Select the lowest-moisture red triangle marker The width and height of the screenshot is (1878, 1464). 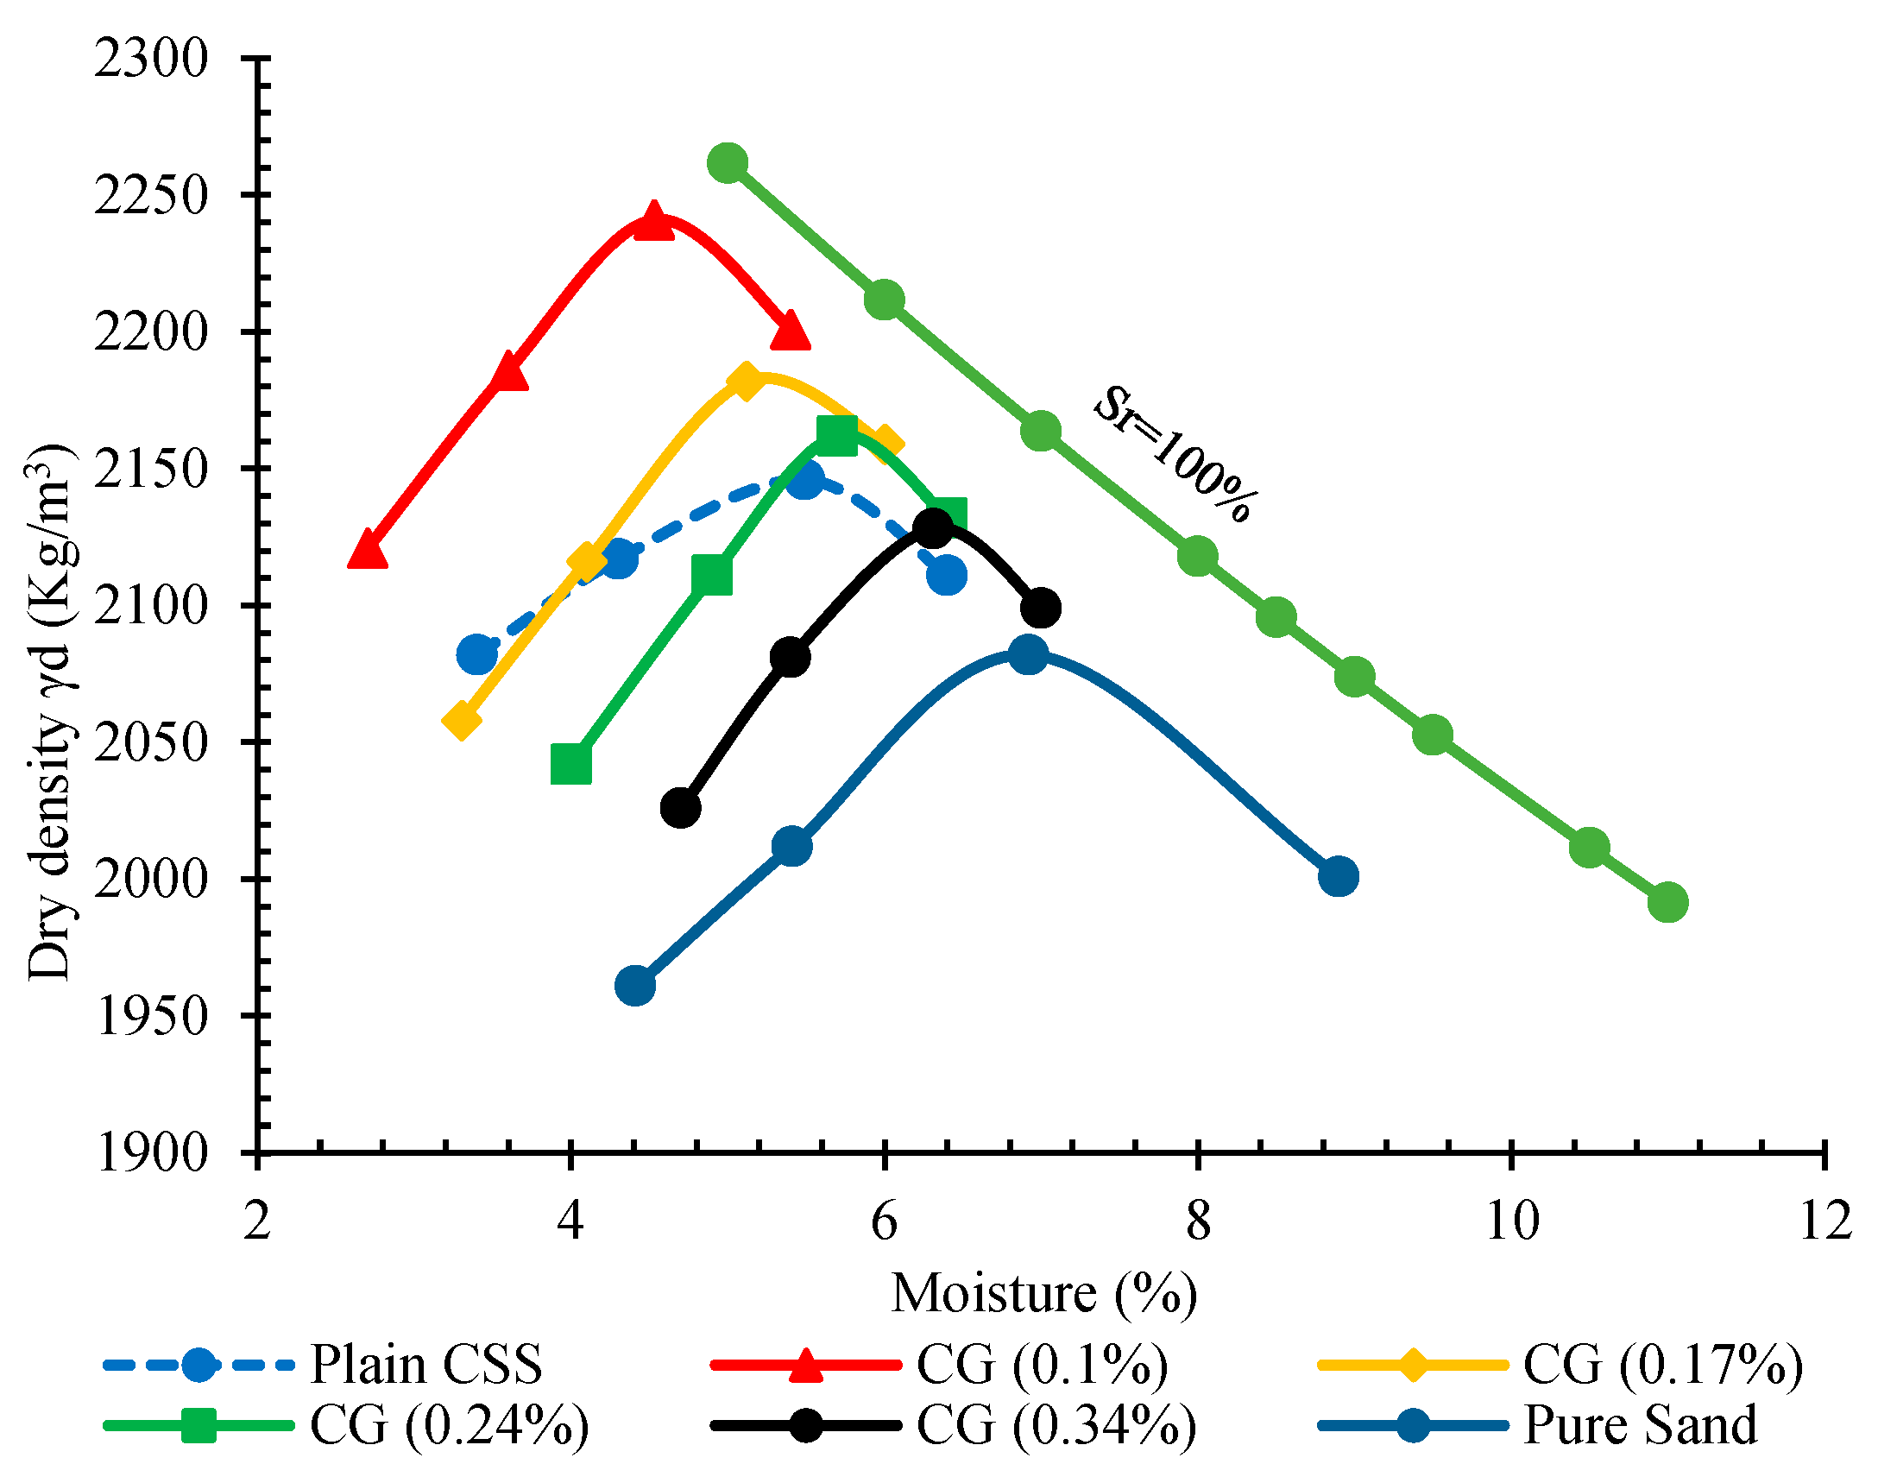367,550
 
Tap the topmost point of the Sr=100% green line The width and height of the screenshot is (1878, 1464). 728,162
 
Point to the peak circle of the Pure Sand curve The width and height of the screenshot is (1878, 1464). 1027,654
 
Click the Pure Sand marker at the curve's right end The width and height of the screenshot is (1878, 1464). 1339,877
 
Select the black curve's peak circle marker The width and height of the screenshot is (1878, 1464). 933,527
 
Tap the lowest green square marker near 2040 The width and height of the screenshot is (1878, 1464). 570,764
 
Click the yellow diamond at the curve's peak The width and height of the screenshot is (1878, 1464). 746,381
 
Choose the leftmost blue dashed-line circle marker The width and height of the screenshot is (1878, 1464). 476,655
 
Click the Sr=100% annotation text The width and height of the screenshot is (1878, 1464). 1175,454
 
